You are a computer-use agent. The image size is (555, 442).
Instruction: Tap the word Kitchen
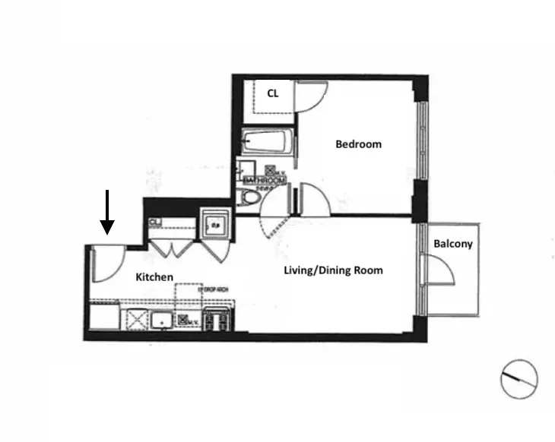154,277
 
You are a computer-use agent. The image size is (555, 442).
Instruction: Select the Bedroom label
358,144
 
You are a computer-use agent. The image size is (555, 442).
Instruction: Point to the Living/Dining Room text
333,270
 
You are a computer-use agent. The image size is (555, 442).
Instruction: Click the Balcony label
453,244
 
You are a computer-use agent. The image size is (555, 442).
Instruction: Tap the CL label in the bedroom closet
272,93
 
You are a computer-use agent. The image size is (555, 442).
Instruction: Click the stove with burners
218,320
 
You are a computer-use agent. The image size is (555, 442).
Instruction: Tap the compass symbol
519,377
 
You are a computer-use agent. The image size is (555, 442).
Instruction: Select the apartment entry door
105,264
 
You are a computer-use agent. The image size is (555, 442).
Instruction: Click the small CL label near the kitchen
154,222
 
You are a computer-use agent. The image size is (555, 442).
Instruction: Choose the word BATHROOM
259,180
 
